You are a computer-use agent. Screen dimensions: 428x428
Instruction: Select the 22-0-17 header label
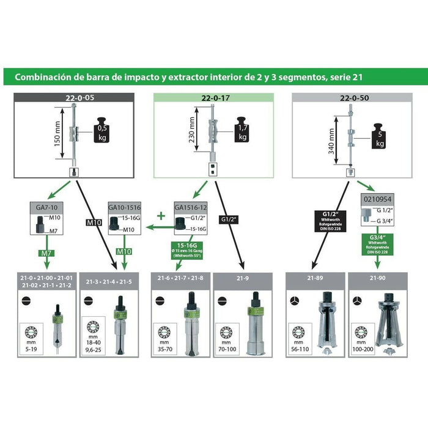213,97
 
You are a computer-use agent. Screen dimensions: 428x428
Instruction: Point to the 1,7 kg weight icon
243,131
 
